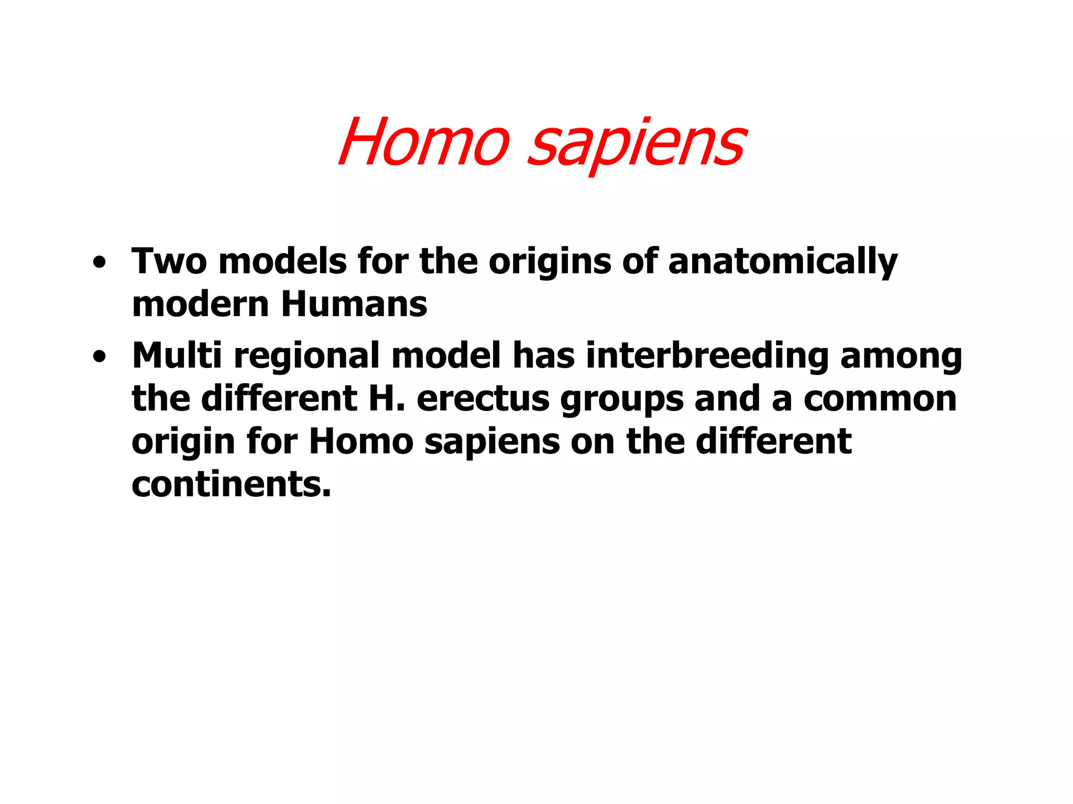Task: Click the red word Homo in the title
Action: click(x=423, y=142)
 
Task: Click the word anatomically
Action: click(x=783, y=262)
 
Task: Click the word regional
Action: click(x=306, y=356)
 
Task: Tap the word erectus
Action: click(x=483, y=399)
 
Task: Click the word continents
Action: click(x=231, y=484)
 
